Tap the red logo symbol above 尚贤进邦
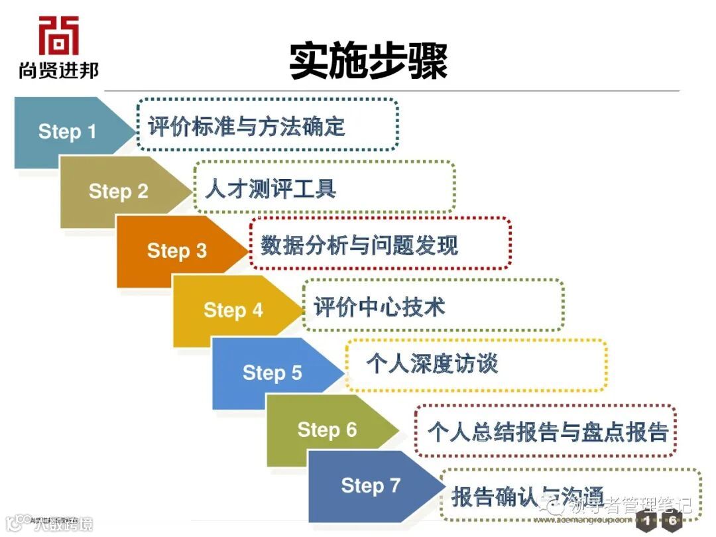[x=58, y=36]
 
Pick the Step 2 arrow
[x=119, y=192]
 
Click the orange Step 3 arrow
[x=176, y=251]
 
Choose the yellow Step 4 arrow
[x=233, y=310]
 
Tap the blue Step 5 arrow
[x=272, y=373]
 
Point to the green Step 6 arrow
[x=327, y=430]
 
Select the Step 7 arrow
[x=371, y=486]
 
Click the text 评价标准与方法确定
[x=247, y=125]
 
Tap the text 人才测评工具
[x=270, y=189]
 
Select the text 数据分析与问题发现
[x=359, y=245]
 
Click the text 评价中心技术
[x=379, y=307]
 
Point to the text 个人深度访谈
[x=432, y=363]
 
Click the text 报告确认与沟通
[x=528, y=496]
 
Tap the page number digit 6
[x=672, y=521]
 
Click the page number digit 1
[x=647, y=521]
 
